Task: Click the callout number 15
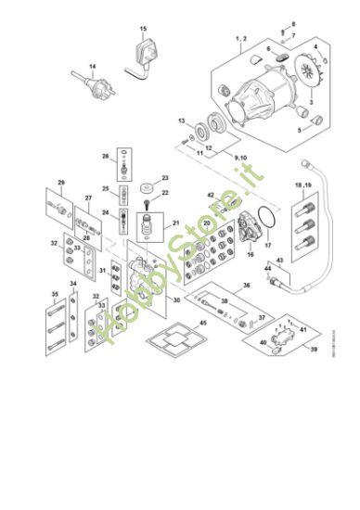point(143,30)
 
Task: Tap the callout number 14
point(92,67)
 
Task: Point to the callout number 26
point(105,155)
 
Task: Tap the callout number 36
point(247,286)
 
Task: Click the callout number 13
point(183,121)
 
